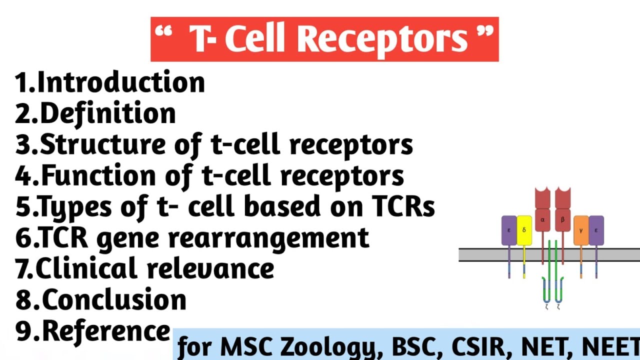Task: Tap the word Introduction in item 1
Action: pos(121,82)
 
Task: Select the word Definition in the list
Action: pos(107,113)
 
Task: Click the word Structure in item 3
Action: pos(102,144)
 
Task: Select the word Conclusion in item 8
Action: pos(114,300)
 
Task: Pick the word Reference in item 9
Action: pos(106,331)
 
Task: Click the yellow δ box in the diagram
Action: pos(524,230)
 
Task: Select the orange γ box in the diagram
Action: pos(581,230)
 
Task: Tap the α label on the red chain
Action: pos(542,219)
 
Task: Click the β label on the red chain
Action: pos(562,219)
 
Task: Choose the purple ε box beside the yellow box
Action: pos(509,230)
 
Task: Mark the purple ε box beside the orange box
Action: pos(596,230)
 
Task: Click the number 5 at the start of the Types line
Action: pos(23,207)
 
